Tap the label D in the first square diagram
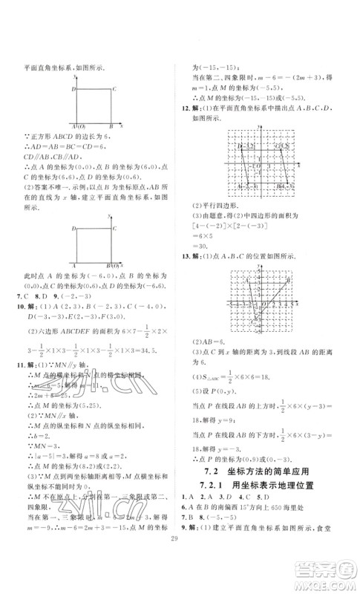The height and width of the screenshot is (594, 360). pyautogui.click(x=73, y=89)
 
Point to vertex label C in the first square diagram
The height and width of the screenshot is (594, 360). pyautogui.click(x=113, y=89)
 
